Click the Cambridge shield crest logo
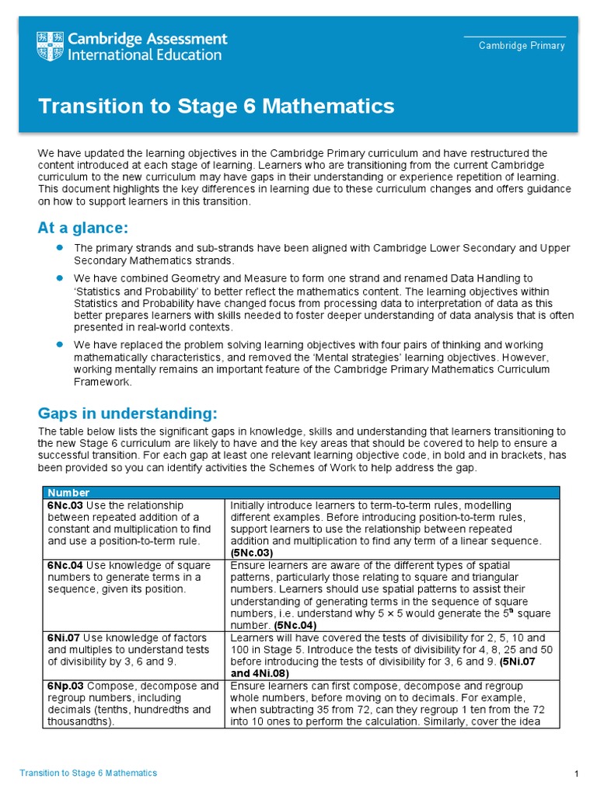click(51, 47)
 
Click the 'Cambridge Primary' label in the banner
click(522, 46)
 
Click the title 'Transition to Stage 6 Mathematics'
click(216, 106)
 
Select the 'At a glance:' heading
click(82, 228)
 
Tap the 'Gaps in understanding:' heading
click(128, 412)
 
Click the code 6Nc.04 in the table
click(66, 566)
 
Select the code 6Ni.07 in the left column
click(65, 637)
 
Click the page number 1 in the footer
click(576, 773)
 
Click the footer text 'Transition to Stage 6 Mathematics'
click(88, 773)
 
